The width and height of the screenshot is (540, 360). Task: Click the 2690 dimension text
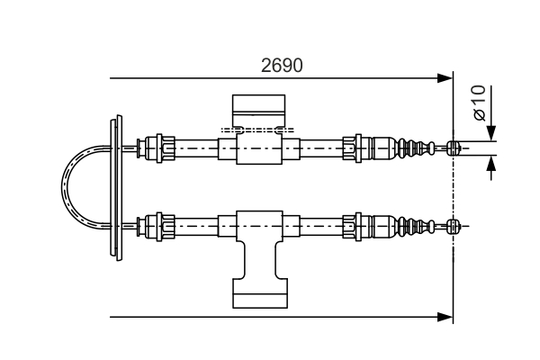280,66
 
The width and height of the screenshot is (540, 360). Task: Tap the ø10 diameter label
478,103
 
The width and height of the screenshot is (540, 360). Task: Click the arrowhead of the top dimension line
444,79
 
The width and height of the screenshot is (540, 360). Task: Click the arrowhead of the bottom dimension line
444,317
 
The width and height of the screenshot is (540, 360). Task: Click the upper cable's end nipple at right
454,148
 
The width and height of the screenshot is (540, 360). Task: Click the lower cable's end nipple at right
454,224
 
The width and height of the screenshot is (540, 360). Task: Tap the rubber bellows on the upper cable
416,148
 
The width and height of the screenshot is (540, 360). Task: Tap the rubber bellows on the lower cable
416,224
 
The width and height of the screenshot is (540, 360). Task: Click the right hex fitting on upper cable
359,147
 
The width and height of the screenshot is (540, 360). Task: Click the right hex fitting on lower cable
359,224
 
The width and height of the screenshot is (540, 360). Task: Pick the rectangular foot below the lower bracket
258,294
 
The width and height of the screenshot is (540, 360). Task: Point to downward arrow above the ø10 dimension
490,130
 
